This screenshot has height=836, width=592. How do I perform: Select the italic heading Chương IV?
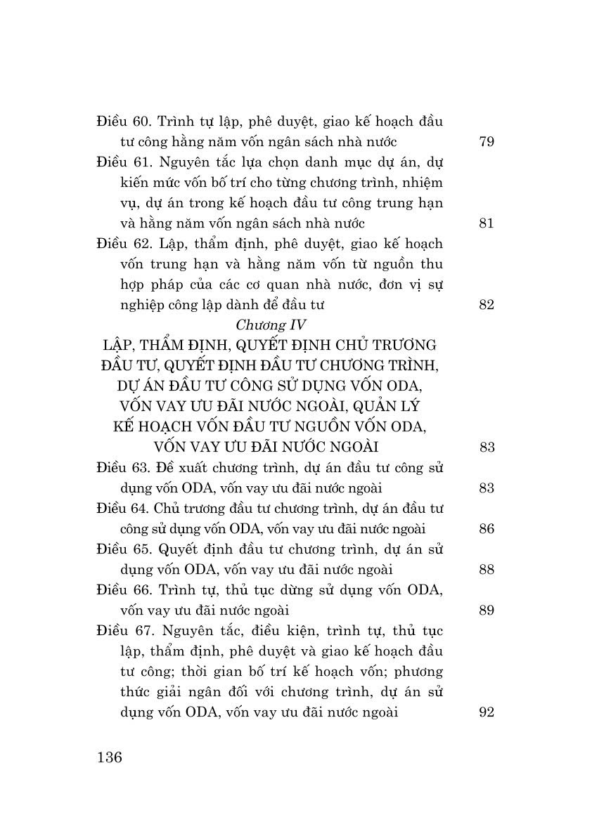coord(270,325)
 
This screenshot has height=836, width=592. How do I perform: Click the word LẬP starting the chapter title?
coord(118,346)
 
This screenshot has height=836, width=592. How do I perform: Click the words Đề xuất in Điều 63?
coord(179,468)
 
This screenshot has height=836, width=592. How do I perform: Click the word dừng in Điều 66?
coord(288,590)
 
